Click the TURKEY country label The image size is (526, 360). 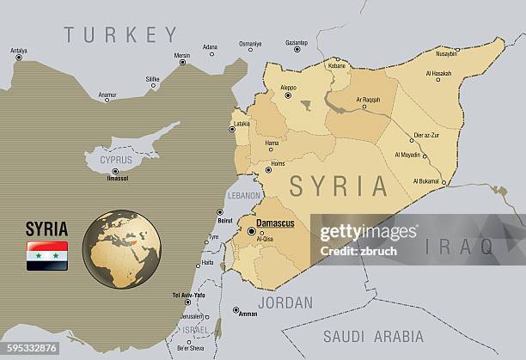[x=120, y=35]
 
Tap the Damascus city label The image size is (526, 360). [x=276, y=223]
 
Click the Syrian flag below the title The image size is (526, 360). [x=47, y=256]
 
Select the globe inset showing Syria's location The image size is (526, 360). [x=121, y=249]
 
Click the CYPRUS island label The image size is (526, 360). [x=116, y=160]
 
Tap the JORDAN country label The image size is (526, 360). [x=285, y=302]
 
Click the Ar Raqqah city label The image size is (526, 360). [x=368, y=100]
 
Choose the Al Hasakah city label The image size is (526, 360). [x=438, y=73]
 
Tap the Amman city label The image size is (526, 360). [x=248, y=314]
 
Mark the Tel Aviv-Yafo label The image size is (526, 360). [x=188, y=295]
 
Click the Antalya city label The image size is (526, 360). [x=18, y=51]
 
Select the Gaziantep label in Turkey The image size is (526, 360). [x=297, y=42]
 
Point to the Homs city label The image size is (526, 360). [x=277, y=163]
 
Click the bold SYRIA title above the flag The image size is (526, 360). [x=46, y=229]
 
